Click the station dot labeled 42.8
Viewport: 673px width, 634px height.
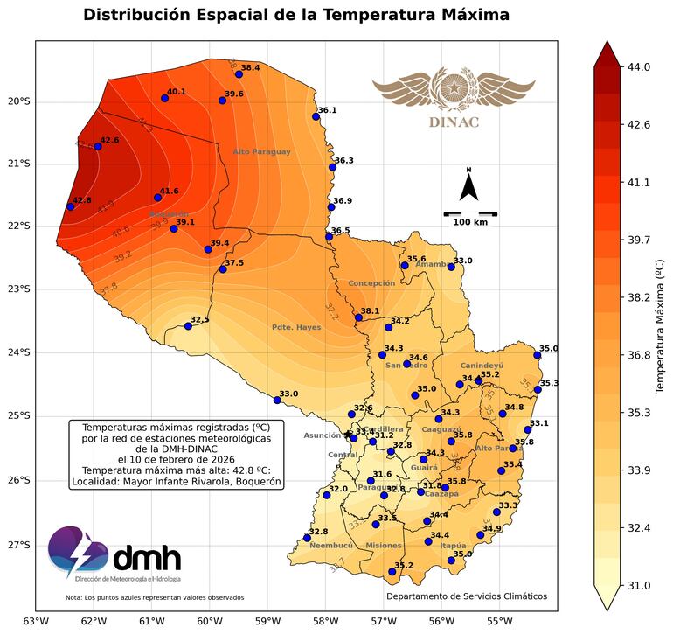[x=70, y=206]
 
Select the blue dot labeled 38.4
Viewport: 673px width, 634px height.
[x=239, y=74]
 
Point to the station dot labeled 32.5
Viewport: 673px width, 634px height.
[x=188, y=326]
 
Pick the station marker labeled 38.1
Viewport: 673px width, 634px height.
[x=358, y=317]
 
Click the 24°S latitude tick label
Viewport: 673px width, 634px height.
[x=17, y=352]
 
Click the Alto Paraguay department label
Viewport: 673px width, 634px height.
[x=261, y=152]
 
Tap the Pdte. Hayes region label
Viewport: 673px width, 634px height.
[x=296, y=328]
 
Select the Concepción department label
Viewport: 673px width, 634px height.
[x=371, y=283]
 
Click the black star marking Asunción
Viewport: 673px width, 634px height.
[x=348, y=434]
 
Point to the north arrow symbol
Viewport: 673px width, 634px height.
[x=468, y=186]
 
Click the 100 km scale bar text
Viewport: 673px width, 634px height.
[x=470, y=222]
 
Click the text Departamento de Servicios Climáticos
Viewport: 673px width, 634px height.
[x=467, y=596]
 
